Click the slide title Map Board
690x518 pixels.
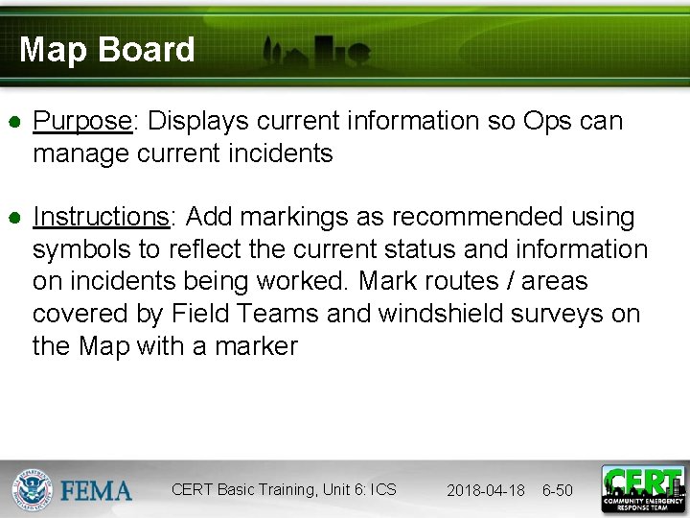[x=106, y=50]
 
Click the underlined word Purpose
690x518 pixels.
[x=81, y=122]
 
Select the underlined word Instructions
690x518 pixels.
[x=101, y=218]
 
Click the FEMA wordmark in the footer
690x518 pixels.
[x=96, y=490]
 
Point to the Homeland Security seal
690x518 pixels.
[x=32, y=489]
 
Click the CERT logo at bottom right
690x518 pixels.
[x=643, y=489]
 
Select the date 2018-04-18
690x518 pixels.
[x=485, y=490]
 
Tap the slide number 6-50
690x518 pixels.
[x=557, y=490]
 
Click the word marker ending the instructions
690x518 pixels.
[x=255, y=346]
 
